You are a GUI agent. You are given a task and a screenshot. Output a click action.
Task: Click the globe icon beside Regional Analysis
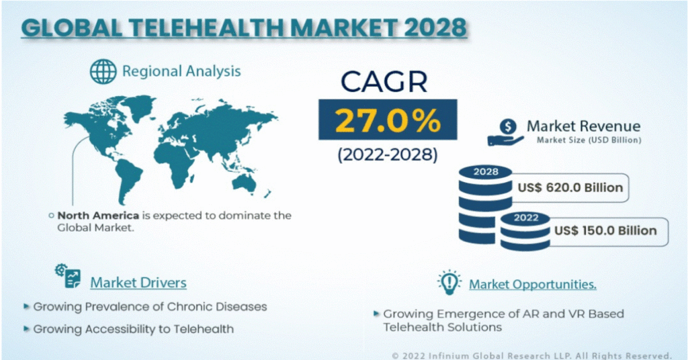pyautogui.click(x=103, y=71)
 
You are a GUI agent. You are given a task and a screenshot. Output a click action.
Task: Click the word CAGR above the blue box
pyautogui.click(x=384, y=81)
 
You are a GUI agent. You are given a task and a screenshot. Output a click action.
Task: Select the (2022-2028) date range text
pyautogui.click(x=388, y=154)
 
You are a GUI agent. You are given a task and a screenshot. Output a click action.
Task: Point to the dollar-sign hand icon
pyautogui.click(x=506, y=132)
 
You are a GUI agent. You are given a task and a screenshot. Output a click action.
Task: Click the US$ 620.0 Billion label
pyautogui.click(x=570, y=187)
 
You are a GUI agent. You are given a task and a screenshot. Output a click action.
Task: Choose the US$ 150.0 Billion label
pyautogui.click(x=605, y=230)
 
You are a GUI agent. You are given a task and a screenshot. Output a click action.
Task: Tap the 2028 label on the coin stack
pyautogui.click(x=486, y=172)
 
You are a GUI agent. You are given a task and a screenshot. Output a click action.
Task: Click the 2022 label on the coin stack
pyautogui.click(x=526, y=218)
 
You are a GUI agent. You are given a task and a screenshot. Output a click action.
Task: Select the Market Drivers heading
pyautogui.click(x=138, y=283)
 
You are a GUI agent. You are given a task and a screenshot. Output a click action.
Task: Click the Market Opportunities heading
pyautogui.click(x=533, y=285)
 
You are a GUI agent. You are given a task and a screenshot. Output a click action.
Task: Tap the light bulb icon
pyautogui.click(x=449, y=282)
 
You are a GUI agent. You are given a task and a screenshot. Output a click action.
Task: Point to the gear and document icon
pyautogui.click(x=68, y=276)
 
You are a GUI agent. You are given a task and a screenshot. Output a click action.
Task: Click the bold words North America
pyautogui.click(x=98, y=216)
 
